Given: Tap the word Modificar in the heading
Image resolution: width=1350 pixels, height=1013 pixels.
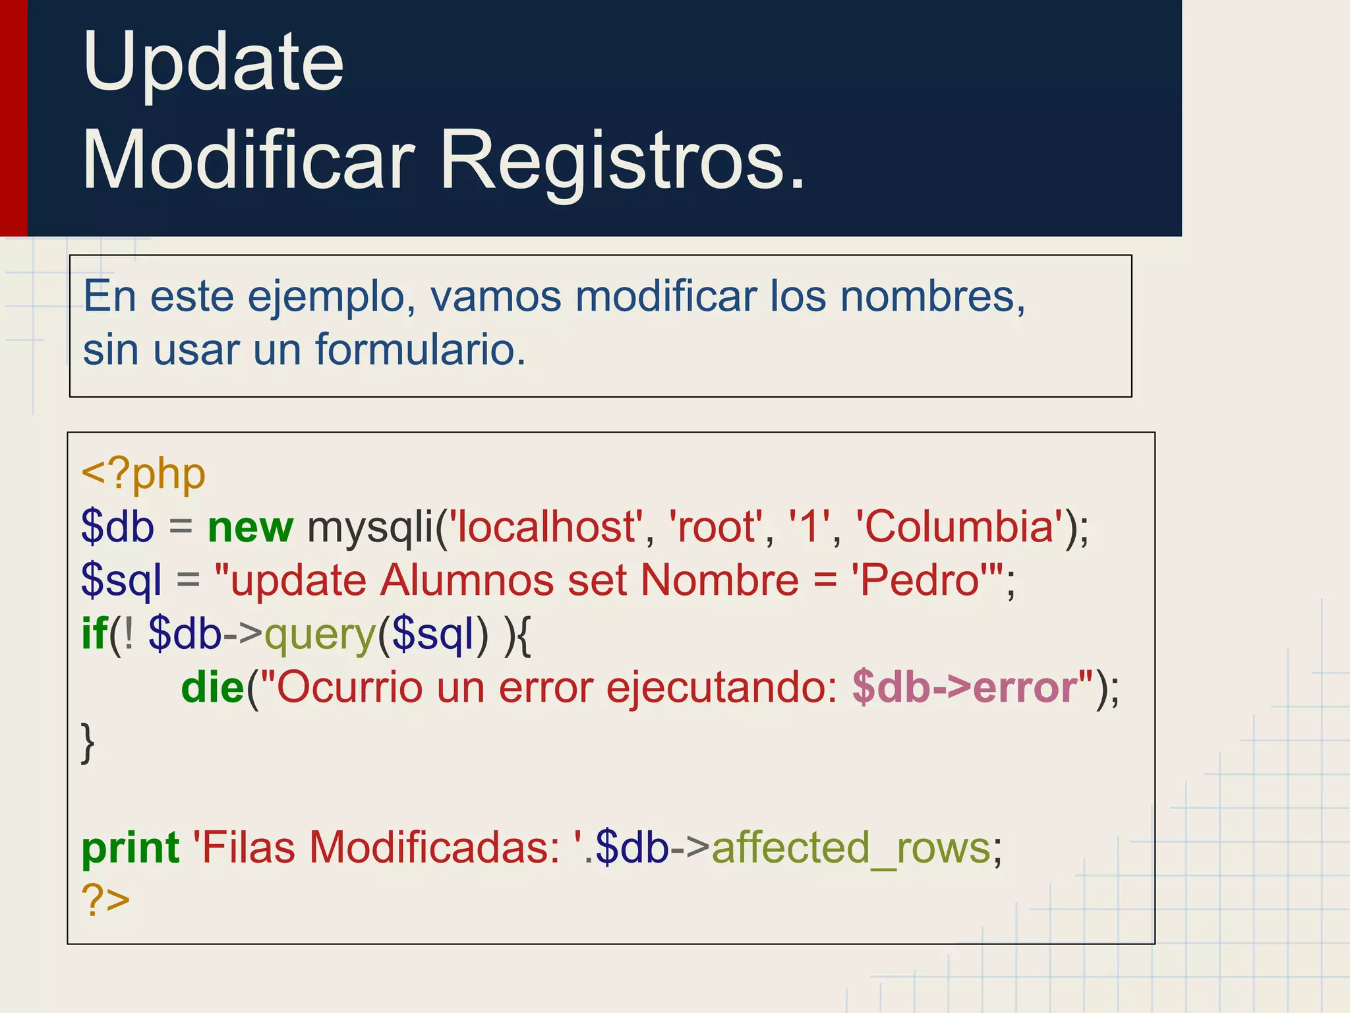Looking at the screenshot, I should click(249, 162).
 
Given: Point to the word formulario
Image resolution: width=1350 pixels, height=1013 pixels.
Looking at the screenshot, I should click(420, 350).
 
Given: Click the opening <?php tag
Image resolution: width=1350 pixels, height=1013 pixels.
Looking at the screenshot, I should click(144, 475).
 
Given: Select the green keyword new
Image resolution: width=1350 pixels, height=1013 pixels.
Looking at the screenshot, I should click(250, 528).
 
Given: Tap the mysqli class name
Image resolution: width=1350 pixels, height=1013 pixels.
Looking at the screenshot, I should click(370, 528).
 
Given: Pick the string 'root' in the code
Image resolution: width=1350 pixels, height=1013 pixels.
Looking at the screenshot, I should click(716, 528).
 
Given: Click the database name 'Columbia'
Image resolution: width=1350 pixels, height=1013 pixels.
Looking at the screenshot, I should click(959, 528).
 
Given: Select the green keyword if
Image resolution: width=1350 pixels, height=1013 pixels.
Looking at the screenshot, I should click(94, 634).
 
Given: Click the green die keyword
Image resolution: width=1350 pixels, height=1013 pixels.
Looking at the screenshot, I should click(212, 688).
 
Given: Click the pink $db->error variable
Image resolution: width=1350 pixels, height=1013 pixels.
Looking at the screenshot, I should click(964, 688).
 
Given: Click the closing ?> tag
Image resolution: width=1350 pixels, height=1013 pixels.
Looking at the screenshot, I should click(105, 900).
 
